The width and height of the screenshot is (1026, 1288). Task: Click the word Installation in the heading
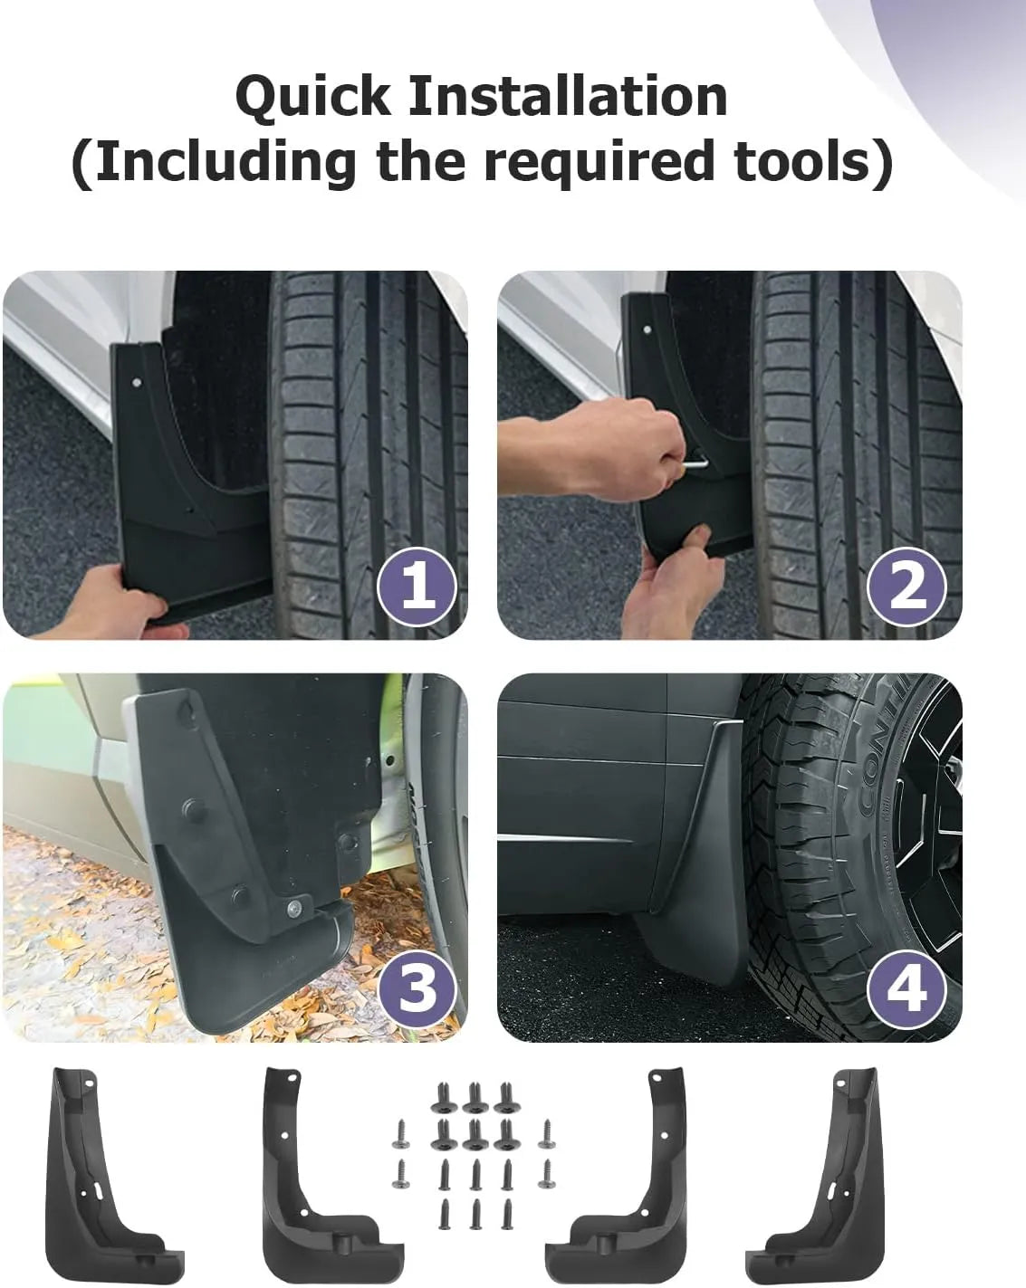click(x=568, y=96)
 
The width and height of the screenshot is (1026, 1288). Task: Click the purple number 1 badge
click(x=417, y=587)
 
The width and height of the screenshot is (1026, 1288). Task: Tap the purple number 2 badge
click(x=906, y=587)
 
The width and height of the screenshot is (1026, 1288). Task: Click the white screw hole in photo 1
click(x=137, y=381)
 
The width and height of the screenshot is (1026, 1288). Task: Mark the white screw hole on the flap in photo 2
click(x=647, y=329)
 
